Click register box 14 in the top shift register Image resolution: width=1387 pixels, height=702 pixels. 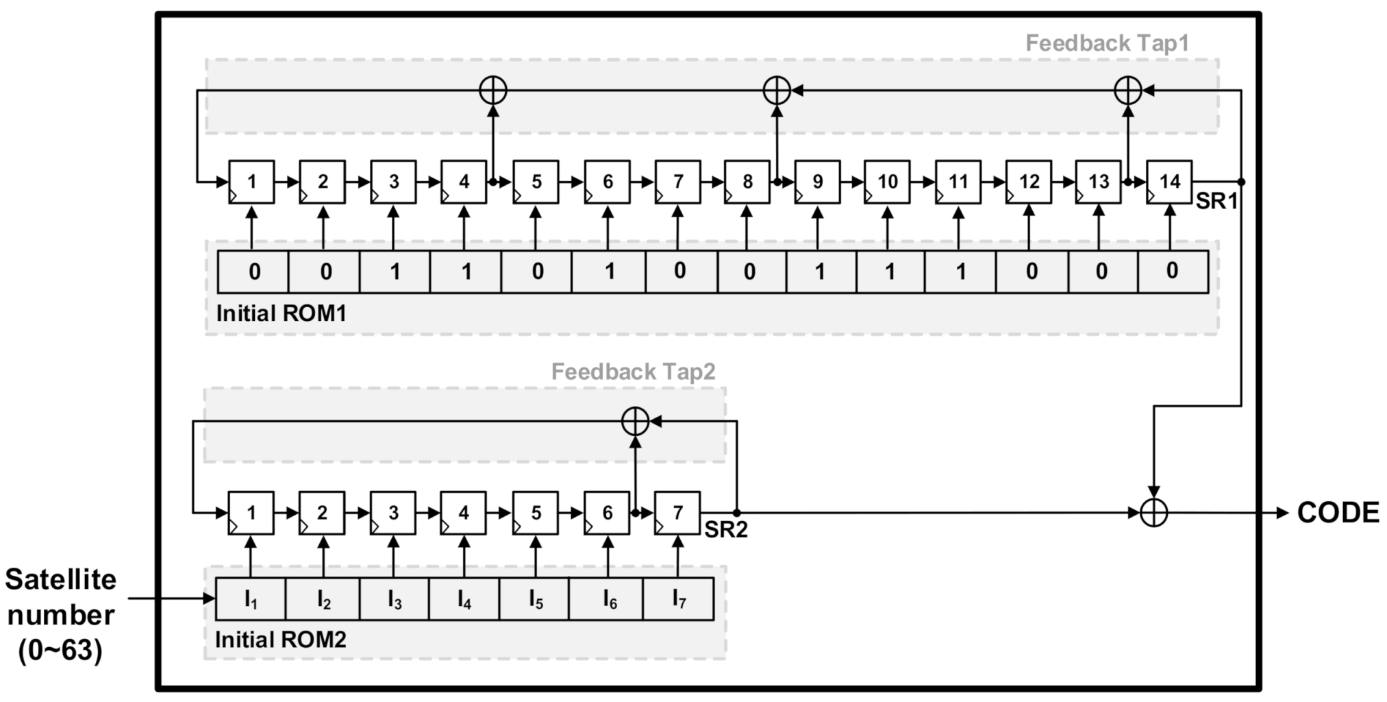pyautogui.click(x=1169, y=182)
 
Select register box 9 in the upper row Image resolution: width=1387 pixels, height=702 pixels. pyautogui.click(x=817, y=182)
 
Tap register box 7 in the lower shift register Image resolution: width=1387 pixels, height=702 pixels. pyautogui.click(x=677, y=513)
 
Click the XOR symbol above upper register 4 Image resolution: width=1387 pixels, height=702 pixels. pyautogui.click(x=492, y=90)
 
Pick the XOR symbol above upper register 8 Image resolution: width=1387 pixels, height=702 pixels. pyautogui.click(x=777, y=90)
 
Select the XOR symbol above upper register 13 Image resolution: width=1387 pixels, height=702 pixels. pyautogui.click(x=1128, y=90)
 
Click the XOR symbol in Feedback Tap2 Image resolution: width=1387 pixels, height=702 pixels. pyautogui.click(x=635, y=421)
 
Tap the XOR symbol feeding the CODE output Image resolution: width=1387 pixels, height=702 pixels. pyautogui.click(x=1154, y=513)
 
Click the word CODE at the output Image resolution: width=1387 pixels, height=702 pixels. pyautogui.click(x=1338, y=513)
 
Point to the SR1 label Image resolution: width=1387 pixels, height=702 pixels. pyautogui.click(x=1216, y=202)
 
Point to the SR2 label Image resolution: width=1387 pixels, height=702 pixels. pyautogui.click(x=726, y=530)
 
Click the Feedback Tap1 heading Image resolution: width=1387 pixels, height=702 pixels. pyautogui.click(x=1107, y=43)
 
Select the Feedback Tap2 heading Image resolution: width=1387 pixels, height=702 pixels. pyautogui.click(x=633, y=372)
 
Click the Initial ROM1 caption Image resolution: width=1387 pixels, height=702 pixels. pyautogui.click(x=281, y=313)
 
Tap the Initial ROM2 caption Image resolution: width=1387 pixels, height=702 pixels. pyautogui.click(x=281, y=640)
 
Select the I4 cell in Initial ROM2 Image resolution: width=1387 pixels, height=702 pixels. pyautogui.click(x=464, y=600)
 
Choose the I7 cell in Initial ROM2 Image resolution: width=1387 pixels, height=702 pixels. pyautogui.click(x=678, y=600)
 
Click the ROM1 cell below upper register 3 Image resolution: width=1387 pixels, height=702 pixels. pyautogui.click(x=395, y=272)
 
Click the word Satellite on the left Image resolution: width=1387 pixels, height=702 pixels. pyautogui.click(x=61, y=580)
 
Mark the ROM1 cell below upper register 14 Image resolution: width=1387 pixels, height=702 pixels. pyautogui.click(x=1172, y=271)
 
